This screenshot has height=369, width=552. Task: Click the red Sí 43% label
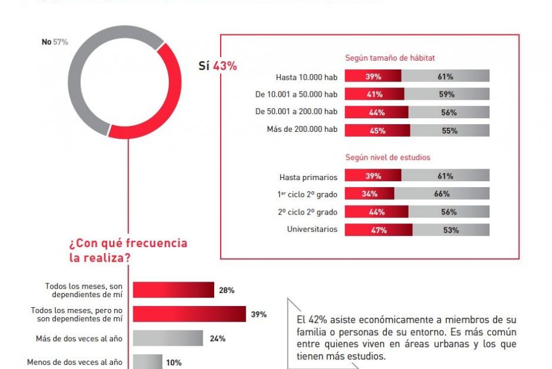click(x=218, y=66)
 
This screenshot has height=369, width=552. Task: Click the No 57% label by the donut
click(x=55, y=42)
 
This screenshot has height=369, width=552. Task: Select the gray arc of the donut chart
click(x=77, y=83)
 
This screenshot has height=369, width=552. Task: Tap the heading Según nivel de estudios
click(x=388, y=157)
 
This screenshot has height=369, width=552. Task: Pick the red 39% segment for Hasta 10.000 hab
click(x=373, y=76)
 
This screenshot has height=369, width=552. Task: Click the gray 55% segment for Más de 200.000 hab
click(x=450, y=131)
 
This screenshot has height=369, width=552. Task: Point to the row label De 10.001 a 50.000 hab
click(x=296, y=94)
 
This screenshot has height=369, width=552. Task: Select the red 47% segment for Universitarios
click(x=378, y=230)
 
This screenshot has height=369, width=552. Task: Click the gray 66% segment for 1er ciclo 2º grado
click(x=441, y=194)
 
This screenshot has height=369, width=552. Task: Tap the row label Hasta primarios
click(x=308, y=177)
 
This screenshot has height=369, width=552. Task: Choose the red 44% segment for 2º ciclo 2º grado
click(x=377, y=212)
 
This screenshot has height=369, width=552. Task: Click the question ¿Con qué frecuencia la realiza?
click(x=128, y=250)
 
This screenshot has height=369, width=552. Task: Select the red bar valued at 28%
click(x=173, y=290)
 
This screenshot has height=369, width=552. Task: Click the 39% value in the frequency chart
click(x=258, y=314)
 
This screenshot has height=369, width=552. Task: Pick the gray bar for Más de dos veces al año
click(x=167, y=339)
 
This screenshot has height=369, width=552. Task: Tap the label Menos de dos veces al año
click(x=75, y=362)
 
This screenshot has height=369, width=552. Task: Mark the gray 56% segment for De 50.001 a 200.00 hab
click(x=449, y=112)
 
